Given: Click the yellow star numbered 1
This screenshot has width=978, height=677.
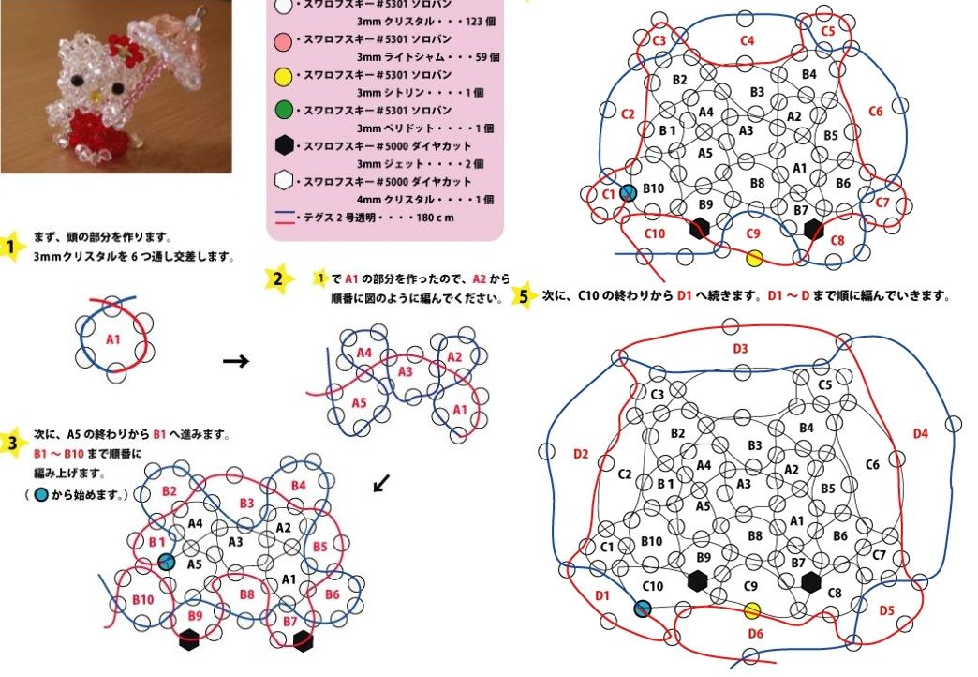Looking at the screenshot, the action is point(9,247).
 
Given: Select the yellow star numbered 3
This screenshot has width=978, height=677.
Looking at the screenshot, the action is point(10,444).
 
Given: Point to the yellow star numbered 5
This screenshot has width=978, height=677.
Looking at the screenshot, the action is point(524,295).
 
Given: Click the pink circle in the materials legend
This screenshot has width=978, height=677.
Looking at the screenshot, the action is point(283,41).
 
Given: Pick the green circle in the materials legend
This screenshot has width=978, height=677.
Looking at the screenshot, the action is point(283,111).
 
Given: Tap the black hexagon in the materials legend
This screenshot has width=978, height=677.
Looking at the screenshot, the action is point(284,145).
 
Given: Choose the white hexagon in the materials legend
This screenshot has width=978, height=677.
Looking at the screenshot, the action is point(284,181).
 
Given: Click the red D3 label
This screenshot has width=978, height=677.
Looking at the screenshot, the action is point(740,349).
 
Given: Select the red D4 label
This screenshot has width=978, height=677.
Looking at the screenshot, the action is point(921,433).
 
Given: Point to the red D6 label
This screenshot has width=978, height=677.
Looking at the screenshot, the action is point(755,634).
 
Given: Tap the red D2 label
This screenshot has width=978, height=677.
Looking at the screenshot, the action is point(581,454).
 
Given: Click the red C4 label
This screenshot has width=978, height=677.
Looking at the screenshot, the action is point(748,40).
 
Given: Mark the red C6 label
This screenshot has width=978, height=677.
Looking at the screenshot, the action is point(876,112).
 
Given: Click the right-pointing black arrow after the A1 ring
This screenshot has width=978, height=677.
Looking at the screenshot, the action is point(236,361).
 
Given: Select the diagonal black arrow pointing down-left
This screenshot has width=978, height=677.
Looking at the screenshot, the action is point(381,483).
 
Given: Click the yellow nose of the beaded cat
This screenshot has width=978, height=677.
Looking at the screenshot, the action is point(96,97).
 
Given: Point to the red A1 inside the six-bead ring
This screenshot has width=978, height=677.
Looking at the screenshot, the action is point(113,339).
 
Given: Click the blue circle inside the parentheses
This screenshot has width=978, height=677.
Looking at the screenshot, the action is point(41,495).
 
